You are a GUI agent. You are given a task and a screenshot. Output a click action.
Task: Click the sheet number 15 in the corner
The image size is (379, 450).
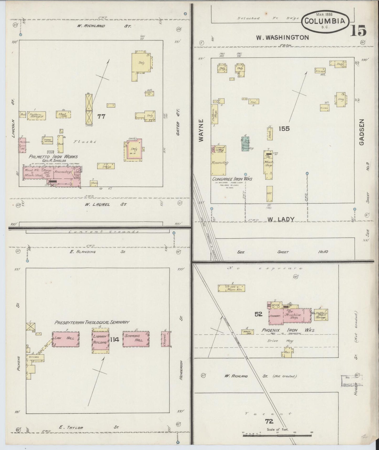click(x=358, y=31)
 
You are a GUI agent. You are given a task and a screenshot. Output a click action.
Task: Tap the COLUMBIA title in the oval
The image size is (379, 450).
click(x=326, y=22)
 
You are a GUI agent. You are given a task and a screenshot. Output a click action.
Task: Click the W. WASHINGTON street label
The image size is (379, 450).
click(x=282, y=38)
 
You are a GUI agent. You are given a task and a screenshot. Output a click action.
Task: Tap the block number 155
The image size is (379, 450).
click(x=284, y=129)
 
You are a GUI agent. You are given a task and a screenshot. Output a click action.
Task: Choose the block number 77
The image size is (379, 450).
click(x=101, y=117)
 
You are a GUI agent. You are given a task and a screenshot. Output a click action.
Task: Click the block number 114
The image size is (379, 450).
click(x=115, y=339)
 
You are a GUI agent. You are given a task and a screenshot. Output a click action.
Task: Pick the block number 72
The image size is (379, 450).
click(x=269, y=421)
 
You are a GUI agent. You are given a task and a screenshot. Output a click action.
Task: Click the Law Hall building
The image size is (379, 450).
click(x=66, y=339)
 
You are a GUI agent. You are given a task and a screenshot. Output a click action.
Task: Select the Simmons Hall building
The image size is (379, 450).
click(x=136, y=339)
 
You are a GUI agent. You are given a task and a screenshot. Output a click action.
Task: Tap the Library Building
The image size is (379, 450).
click(x=100, y=339)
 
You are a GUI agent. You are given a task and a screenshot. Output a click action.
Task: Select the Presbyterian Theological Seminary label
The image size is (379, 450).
click(x=92, y=322)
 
